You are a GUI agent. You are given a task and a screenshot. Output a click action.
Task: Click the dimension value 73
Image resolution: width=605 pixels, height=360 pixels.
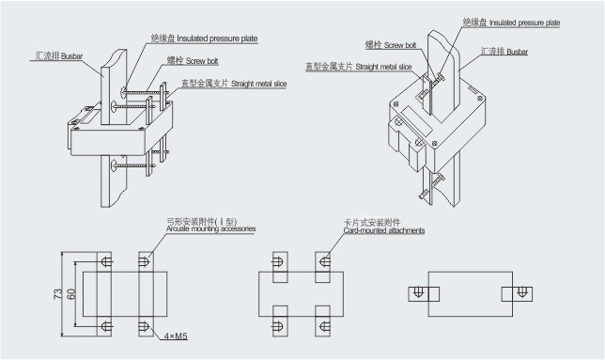(x=57, y=294)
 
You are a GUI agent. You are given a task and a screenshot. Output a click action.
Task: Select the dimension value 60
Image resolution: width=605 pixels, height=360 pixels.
(x=71, y=294)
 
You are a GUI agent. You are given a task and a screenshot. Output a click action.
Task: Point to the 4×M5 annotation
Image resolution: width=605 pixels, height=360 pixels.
(x=176, y=337)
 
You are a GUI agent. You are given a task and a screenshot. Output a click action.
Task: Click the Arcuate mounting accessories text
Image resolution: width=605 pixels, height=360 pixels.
(x=210, y=228)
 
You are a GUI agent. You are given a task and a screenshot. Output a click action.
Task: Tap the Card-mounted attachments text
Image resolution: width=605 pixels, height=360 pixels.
(x=384, y=230)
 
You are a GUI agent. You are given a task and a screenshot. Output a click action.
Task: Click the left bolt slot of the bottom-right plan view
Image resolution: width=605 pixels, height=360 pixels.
(x=417, y=293)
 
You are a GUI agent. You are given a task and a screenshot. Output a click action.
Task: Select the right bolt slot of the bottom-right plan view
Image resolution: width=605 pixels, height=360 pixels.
(x=522, y=293)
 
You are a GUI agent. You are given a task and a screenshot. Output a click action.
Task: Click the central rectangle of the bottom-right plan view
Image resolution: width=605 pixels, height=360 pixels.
(x=471, y=294)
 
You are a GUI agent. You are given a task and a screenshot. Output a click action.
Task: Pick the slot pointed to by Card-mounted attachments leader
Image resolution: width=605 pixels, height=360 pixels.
(x=325, y=262)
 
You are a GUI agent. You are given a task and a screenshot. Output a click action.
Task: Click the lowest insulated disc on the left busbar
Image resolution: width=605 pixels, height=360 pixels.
(x=115, y=166)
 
